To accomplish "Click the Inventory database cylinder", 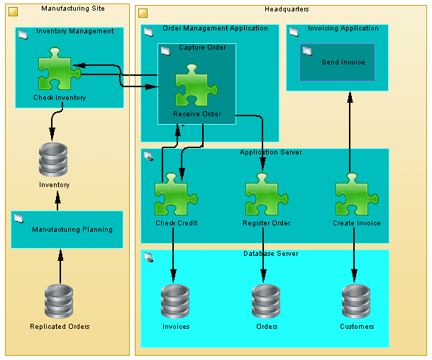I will [x=53, y=160].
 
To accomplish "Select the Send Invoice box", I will [x=338, y=62].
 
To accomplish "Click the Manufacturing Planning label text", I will [x=72, y=230].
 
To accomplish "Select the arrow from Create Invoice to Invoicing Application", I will [x=349, y=135].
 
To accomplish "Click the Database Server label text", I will [x=270, y=254].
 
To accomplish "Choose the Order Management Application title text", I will [x=215, y=28].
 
